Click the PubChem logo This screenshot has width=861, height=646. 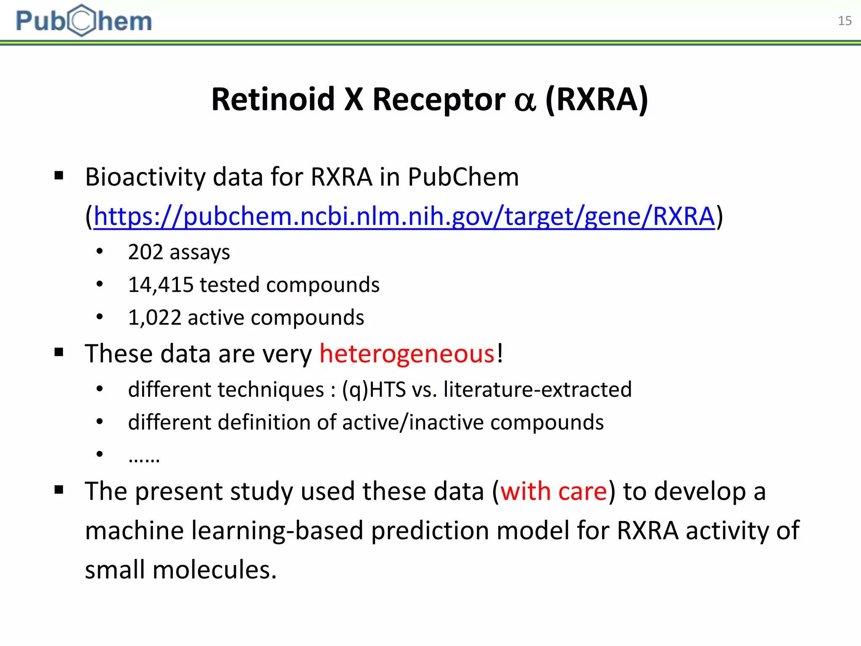coord(84,21)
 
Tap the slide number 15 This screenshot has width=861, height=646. coord(844,21)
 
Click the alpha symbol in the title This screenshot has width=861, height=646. coord(525,101)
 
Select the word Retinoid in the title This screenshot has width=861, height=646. coord(273,100)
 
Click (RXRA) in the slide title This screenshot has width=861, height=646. coord(597,100)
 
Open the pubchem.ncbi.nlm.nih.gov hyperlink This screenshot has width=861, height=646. coord(404,217)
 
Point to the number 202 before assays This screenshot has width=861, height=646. coord(145,252)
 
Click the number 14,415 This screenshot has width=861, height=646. coord(161,285)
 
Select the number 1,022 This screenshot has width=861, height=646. coord(154,318)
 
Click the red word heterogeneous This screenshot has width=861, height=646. coord(407,353)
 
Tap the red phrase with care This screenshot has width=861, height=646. coord(554,491)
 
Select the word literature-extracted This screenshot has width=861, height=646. coord(537,389)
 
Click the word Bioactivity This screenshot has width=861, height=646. coord(145,177)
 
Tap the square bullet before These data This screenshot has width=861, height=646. coord(59,352)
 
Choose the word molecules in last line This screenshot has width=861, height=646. coord(214,570)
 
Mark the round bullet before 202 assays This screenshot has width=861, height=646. coord(100,252)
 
